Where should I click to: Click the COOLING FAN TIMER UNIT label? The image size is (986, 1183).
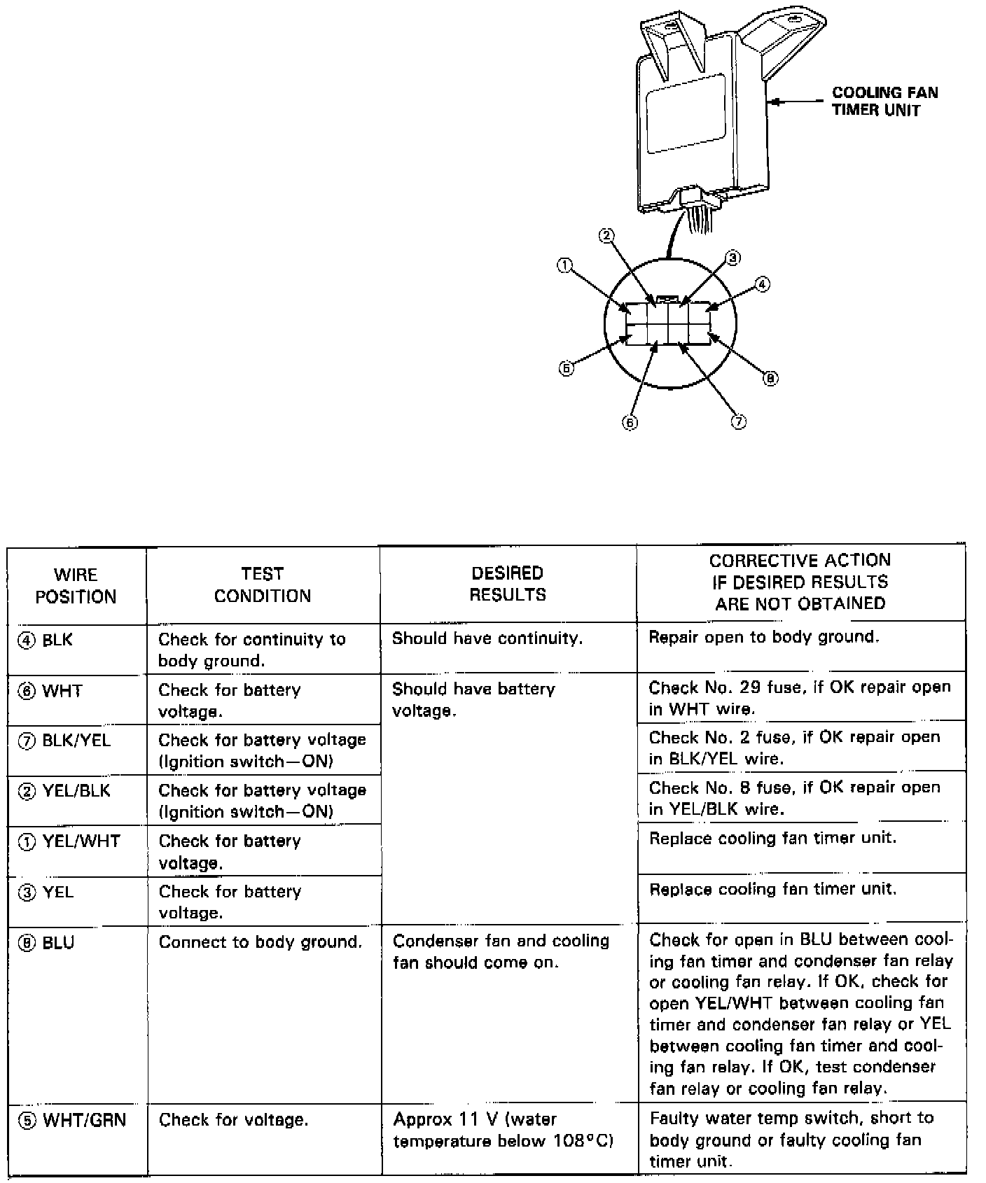884,101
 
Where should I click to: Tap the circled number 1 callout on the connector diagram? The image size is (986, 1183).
564,265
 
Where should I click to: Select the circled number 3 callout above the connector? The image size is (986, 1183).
732,258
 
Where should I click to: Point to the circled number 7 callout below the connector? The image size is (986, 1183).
739,421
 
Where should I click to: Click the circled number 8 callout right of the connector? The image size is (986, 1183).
770,379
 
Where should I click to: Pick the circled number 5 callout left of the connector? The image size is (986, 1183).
566,368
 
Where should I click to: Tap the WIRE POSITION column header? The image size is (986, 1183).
76,586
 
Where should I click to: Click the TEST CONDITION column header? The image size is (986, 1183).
263,584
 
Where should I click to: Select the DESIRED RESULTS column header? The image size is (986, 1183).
508,584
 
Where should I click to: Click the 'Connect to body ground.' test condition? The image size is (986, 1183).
261,942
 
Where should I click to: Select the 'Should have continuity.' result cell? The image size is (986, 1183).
487,638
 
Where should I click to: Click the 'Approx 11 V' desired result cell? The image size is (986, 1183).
503,1130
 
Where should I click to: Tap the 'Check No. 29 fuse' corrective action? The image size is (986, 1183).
800,697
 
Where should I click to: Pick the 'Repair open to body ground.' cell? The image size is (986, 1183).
764,637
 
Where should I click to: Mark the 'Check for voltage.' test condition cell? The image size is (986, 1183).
233,1120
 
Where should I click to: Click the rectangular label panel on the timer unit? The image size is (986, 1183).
686,113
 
